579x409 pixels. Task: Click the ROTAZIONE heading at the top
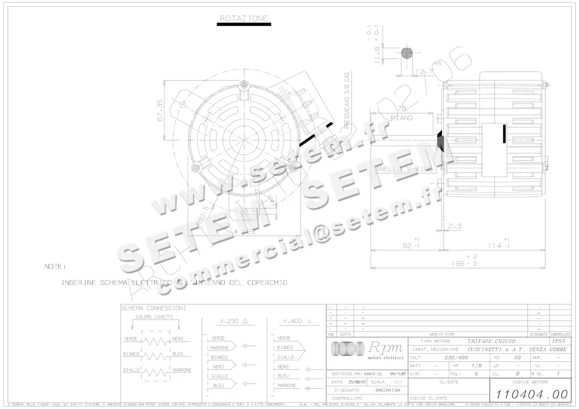click(243, 18)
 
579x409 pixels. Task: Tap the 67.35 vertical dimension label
click(160, 110)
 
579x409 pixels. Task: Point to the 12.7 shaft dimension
click(424, 72)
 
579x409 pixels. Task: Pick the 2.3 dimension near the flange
click(455, 226)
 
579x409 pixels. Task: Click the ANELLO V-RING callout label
click(398, 169)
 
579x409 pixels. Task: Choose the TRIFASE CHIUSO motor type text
click(484, 341)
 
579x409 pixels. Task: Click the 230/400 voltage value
click(455, 358)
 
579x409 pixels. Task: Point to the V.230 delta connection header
click(234, 321)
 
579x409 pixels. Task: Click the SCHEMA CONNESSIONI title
click(153, 308)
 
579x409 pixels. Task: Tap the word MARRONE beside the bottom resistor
click(181, 370)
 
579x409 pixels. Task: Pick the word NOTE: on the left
click(55, 266)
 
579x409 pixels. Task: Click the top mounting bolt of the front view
click(246, 85)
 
